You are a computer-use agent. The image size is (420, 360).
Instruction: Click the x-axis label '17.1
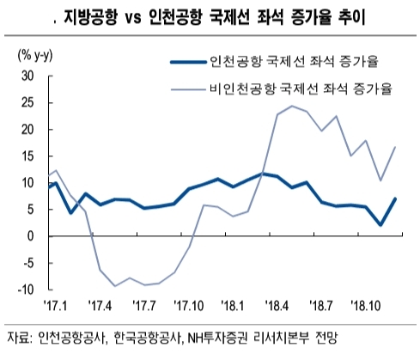click(52, 304)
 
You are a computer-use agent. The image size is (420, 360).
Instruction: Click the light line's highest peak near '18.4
click(292, 106)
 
